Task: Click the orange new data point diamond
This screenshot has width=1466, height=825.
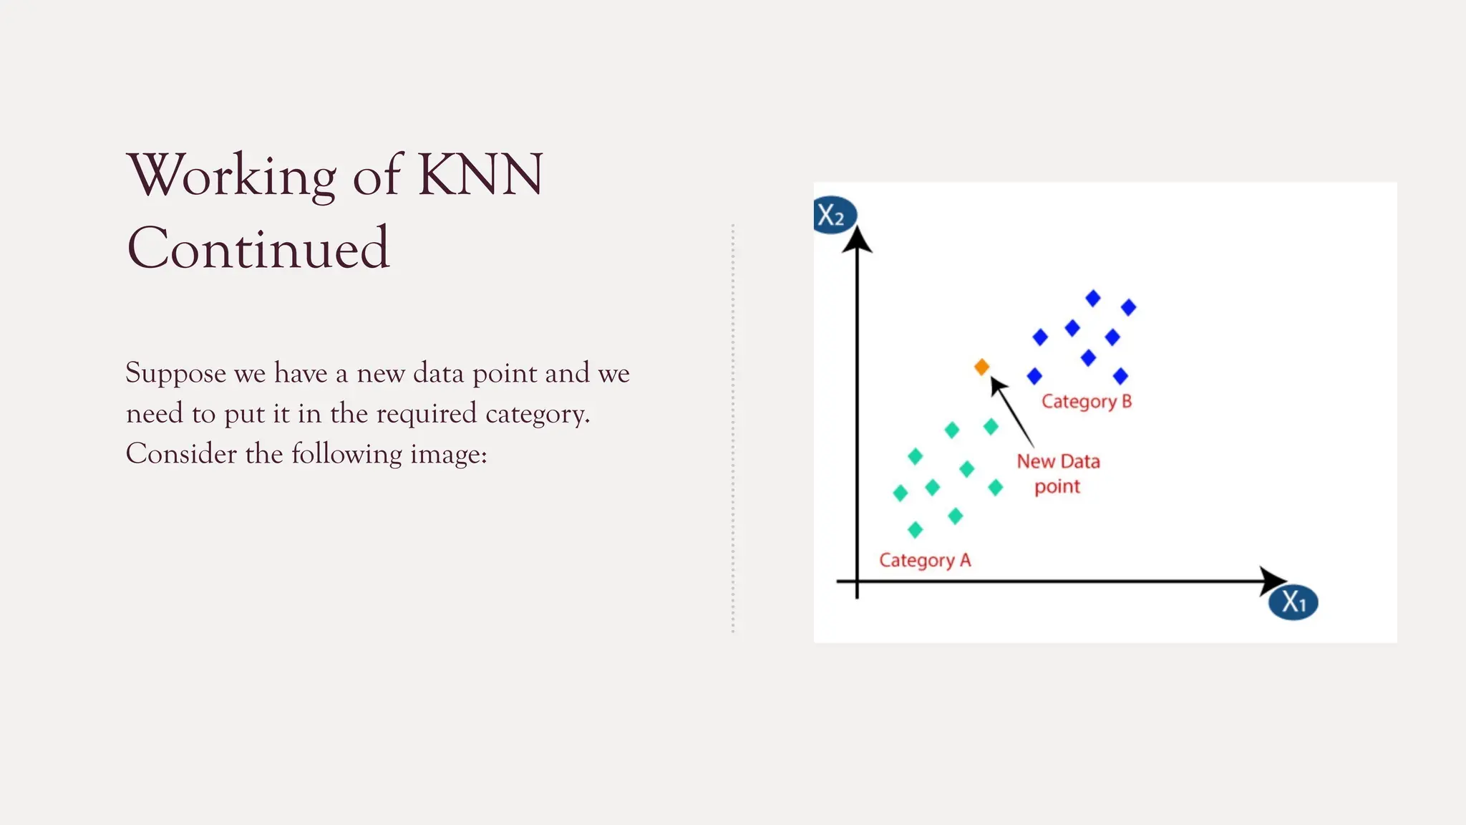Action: (981, 367)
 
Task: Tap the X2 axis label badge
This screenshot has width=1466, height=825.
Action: (834, 215)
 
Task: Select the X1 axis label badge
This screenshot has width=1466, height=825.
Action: (1293, 602)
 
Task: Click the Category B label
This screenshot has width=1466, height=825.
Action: (1086, 402)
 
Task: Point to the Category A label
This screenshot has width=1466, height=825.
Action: (925, 560)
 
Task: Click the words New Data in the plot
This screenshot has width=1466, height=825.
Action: (1058, 462)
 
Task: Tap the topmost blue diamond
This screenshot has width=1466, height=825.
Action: (1092, 298)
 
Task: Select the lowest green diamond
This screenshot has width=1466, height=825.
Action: (915, 530)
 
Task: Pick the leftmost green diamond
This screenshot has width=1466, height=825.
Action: (901, 493)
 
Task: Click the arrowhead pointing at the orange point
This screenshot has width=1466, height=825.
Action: (997, 386)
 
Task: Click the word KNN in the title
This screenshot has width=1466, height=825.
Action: (480, 175)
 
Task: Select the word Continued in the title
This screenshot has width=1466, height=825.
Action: (258, 248)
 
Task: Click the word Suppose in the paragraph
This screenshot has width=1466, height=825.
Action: (175, 373)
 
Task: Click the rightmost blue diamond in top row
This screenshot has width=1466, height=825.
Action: (1128, 307)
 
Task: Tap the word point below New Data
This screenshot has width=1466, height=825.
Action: (1057, 487)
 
